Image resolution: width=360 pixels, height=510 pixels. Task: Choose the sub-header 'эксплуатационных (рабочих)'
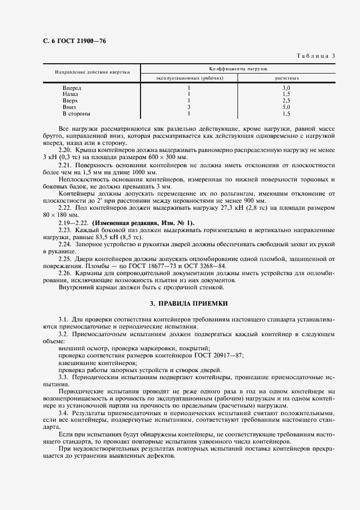188,78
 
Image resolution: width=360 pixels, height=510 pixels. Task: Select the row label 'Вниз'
70,107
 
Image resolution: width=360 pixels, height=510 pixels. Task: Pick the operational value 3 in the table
188,107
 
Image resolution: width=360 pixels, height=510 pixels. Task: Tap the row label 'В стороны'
76,114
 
